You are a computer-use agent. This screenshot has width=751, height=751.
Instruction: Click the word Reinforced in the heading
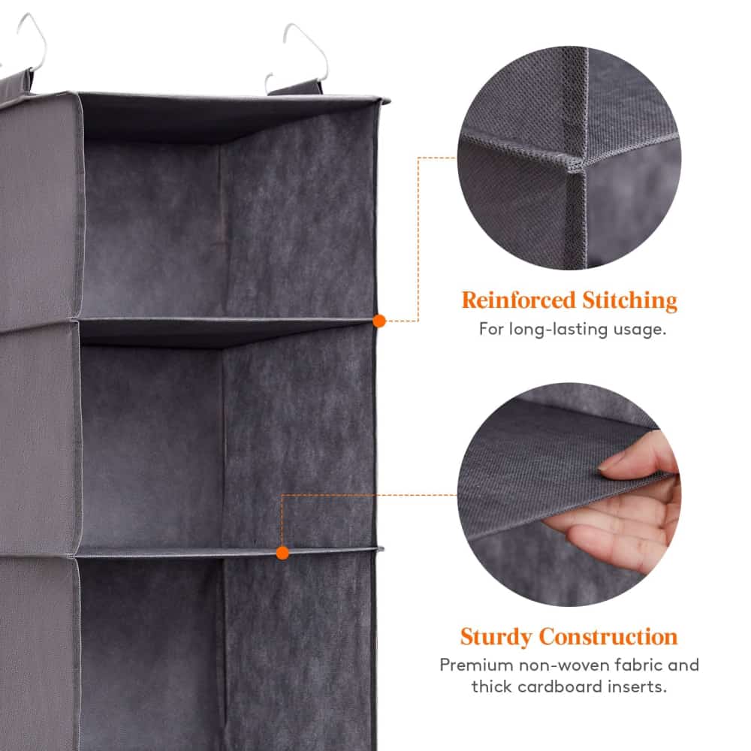click(x=518, y=300)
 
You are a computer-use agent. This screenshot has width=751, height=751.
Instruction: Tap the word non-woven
click(x=553, y=665)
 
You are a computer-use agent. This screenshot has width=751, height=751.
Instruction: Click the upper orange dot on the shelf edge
click(x=379, y=321)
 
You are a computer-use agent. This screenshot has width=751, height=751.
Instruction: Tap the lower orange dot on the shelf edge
click(x=282, y=553)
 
